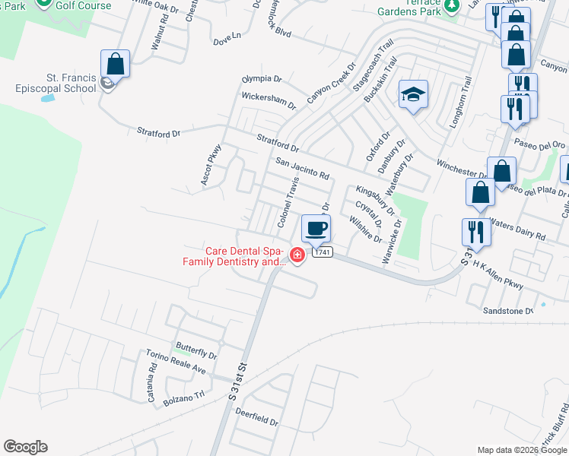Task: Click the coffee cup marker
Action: pyautogui.click(x=316, y=228)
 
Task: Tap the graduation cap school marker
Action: pyautogui.click(x=413, y=94)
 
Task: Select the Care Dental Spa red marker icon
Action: pyautogui.click(x=297, y=256)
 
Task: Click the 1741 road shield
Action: pyautogui.click(x=322, y=252)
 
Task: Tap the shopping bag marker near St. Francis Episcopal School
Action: pyautogui.click(x=115, y=64)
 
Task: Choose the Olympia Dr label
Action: pyautogui.click(x=262, y=79)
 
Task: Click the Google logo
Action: pyautogui.click(x=25, y=447)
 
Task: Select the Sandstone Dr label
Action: pyautogui.click(x=508, y=311)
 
